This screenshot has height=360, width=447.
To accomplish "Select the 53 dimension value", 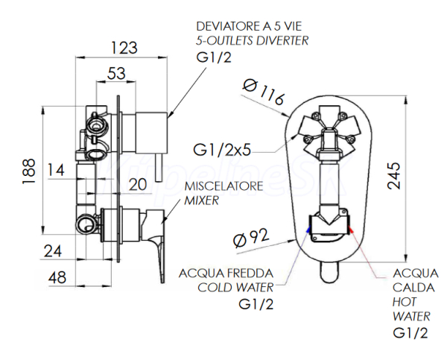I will (115, 73).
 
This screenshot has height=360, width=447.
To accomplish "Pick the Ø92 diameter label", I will (250, 240).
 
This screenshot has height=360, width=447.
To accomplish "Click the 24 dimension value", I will (52, 251).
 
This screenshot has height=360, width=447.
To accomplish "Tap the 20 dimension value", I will (136, 183).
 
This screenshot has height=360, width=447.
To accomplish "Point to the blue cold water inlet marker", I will (308, 232).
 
